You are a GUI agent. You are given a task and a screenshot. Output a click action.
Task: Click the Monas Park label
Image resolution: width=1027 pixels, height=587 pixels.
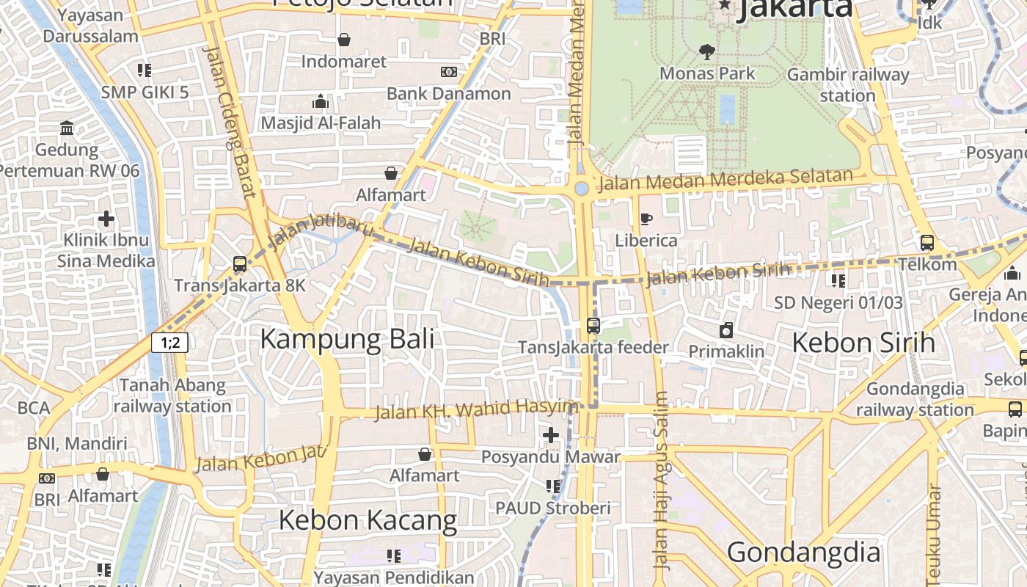click(707, 73)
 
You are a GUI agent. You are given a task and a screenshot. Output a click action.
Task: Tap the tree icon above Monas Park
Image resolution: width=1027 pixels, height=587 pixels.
click(707, 52)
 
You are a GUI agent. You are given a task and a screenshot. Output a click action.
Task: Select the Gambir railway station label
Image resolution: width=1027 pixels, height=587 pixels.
click(847, 85)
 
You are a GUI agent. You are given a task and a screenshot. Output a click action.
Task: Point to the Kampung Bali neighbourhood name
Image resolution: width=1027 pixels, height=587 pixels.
click(347, 339)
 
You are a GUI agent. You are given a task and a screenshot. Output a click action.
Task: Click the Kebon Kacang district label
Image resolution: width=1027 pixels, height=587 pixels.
click(368, 520)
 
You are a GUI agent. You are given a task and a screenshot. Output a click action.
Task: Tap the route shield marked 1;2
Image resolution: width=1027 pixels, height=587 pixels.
click(170, 342)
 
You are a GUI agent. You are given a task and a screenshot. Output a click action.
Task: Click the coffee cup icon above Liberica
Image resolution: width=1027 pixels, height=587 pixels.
click(646, 219)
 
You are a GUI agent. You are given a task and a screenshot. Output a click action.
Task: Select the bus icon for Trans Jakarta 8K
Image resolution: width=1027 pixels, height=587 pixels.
click(239, 264)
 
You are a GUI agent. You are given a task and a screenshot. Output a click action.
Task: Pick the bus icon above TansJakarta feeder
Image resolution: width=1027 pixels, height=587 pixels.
click(593, 325)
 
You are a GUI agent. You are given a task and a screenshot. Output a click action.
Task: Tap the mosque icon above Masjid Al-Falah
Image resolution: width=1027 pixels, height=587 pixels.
click(321, 101)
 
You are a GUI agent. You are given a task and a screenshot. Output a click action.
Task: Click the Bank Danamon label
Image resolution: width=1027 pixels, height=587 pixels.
click(448, 93)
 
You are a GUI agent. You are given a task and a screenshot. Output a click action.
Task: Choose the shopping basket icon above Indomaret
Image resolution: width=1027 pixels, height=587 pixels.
click(343, 40)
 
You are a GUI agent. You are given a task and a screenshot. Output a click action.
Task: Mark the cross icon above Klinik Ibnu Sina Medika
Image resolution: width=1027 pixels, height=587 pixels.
click(106, 218)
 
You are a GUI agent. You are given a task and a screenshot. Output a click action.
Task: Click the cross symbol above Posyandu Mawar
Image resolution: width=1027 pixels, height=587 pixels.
click(550, 435)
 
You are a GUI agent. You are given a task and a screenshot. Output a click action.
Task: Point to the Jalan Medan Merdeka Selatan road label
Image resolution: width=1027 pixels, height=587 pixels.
click(726, 179)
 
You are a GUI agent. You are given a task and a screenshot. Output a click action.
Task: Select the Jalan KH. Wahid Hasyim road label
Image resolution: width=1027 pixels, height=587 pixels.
click(477, 409)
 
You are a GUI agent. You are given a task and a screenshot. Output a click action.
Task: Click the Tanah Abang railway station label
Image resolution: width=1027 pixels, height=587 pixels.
click(172, 395)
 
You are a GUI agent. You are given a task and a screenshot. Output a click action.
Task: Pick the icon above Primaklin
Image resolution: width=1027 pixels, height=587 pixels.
click(726, 330)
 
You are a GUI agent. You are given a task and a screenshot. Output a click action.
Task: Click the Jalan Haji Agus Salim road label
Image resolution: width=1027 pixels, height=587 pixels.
click(661, 481)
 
